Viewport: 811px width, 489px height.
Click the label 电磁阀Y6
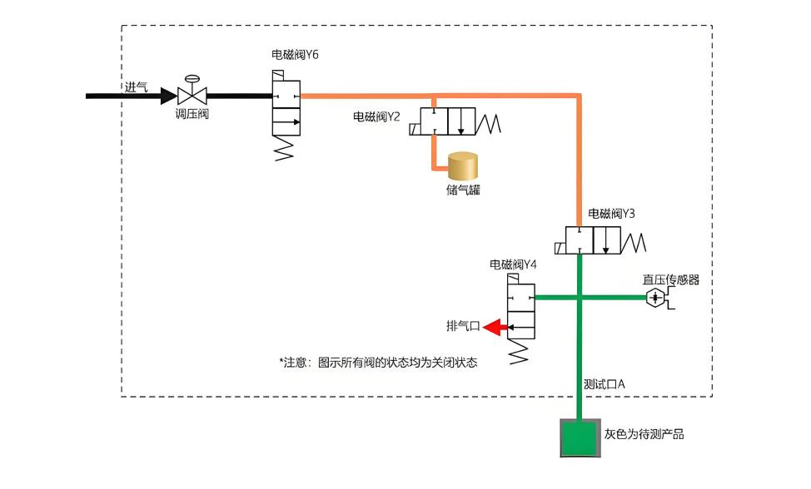[295, 55]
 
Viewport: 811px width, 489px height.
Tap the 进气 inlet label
[136, 86]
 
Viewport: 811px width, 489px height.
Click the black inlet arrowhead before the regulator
[169, 96]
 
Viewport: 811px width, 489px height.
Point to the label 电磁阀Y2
[376, 116]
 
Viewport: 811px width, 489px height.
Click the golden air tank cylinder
[463, 165]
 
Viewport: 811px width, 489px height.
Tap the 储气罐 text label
[463, 190]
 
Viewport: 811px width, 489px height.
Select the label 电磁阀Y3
[611, 213]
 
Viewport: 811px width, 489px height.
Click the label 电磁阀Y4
[513, 265]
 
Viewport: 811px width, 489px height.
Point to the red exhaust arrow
[494, 327]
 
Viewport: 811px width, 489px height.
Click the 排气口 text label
[464, 326]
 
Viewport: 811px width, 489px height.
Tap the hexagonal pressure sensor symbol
[655, 298]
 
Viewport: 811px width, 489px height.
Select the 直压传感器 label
[671, 280]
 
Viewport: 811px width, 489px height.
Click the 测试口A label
[605, 384]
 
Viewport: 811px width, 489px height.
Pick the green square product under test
[580, 438]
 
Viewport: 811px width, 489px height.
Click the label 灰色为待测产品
[644, 434]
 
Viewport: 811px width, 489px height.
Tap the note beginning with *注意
[378, 363]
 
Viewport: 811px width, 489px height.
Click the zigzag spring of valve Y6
[284, 148]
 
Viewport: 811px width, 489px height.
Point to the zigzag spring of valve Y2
[488, 124]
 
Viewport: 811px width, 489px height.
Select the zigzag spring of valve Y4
[519, 352]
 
